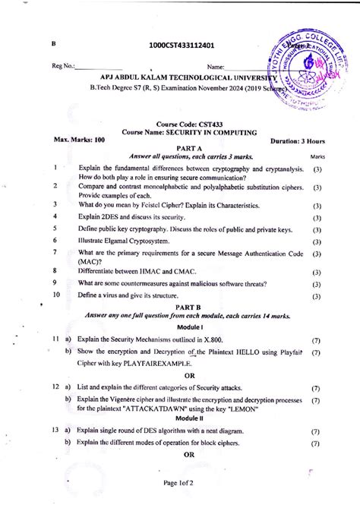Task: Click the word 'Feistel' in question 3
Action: click(153, 205)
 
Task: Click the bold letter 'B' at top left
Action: click(54, 45)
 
